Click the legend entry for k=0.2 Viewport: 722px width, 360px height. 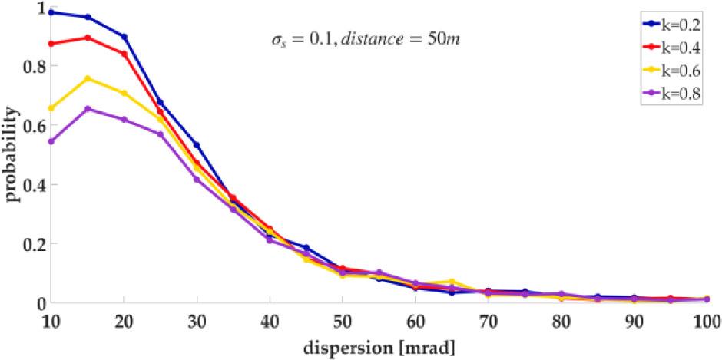click(673, 25)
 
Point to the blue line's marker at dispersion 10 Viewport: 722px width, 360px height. click(51, 12)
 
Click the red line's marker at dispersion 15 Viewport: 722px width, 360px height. click(88, 38)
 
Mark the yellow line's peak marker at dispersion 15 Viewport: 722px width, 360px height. click(88, 78)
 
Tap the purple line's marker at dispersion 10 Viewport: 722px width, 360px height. click(51, 141)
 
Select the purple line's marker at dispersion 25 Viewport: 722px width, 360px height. click(161, 134)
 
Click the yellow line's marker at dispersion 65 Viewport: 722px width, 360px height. click(452, 282)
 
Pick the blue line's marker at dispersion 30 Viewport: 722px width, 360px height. click(197, 145)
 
